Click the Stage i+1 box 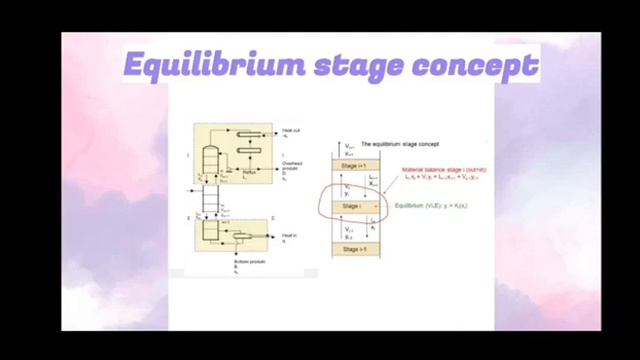click(x=356, y=164)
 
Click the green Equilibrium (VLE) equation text click(x=437, y=207)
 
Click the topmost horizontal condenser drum click(x=247, y=133)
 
